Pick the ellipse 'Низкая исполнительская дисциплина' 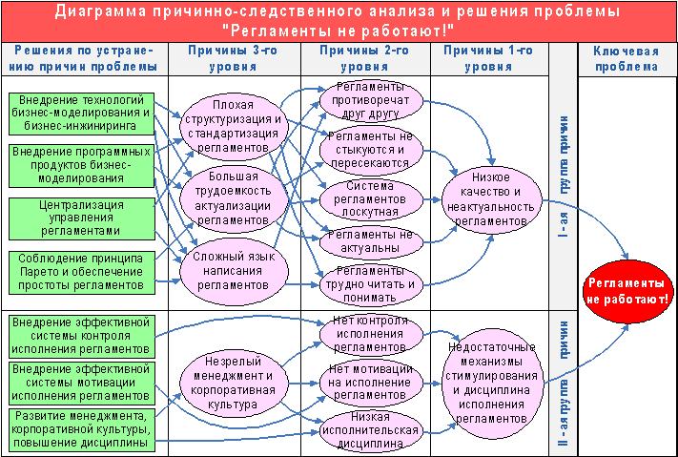pos(370,428)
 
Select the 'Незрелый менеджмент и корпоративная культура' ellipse pos(234,382)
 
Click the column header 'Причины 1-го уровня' pos(490,59)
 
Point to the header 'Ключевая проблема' pos(626,59)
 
